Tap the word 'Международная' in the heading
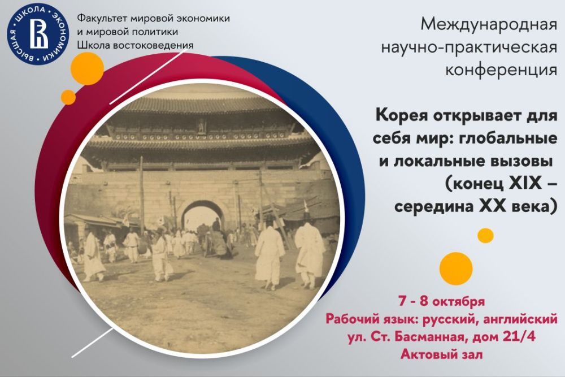pyautogui.click(x=489, y=24)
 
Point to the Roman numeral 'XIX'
pyautogui.click(x=525, y=183)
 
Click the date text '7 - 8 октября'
pyautogui.click(x=441, y=301)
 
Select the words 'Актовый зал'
pyautogui.click(x=441, y=354)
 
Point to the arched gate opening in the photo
pyautogui.click(x=202, y=217)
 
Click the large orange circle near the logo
pyautogui.click(x=87, y=68)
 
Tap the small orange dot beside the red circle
pyautogui.click(x=68, y=97)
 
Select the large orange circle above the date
pyautogui.click(x=456, y=268)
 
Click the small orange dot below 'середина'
pyautogui.click(x=485, y=236)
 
